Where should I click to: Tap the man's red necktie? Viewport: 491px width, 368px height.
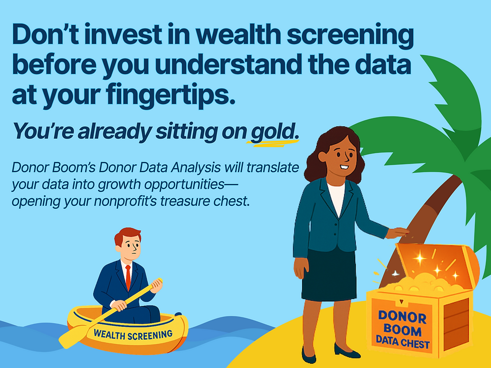coord(128,277)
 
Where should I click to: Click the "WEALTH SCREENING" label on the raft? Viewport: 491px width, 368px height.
coord(133,333)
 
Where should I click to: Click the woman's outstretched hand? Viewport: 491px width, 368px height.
coord(398,232)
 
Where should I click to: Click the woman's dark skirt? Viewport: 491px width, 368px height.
coord(328,275)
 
